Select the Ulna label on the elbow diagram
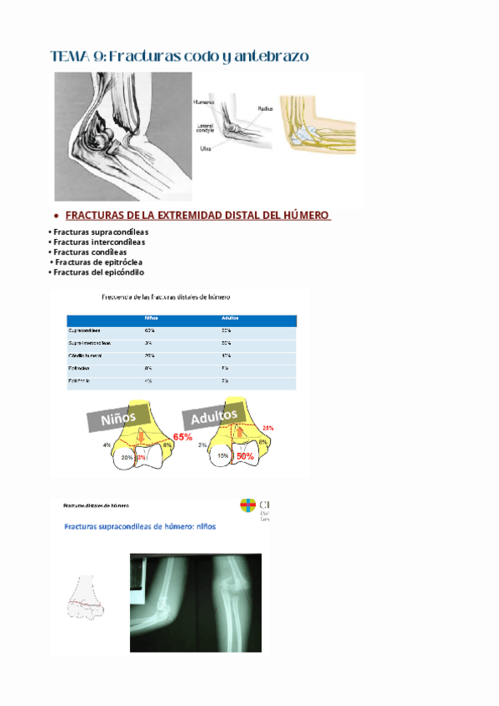click(x=204, y=148)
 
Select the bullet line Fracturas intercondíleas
click(x=97, y=242)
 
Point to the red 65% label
click(x=182, y=436)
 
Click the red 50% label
click(x=245, y=456)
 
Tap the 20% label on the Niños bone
click(x=127, y=457)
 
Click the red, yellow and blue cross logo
click(x=247, y=505)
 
